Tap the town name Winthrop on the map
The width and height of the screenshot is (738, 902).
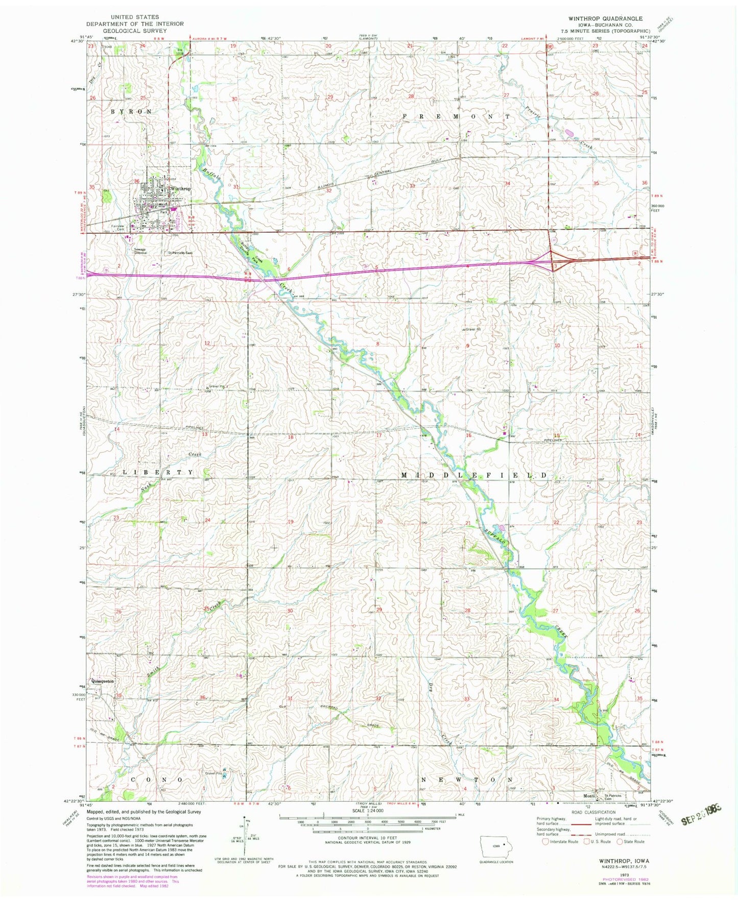[x=180, y=189]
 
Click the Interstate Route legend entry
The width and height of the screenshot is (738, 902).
[x=560, y=841]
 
